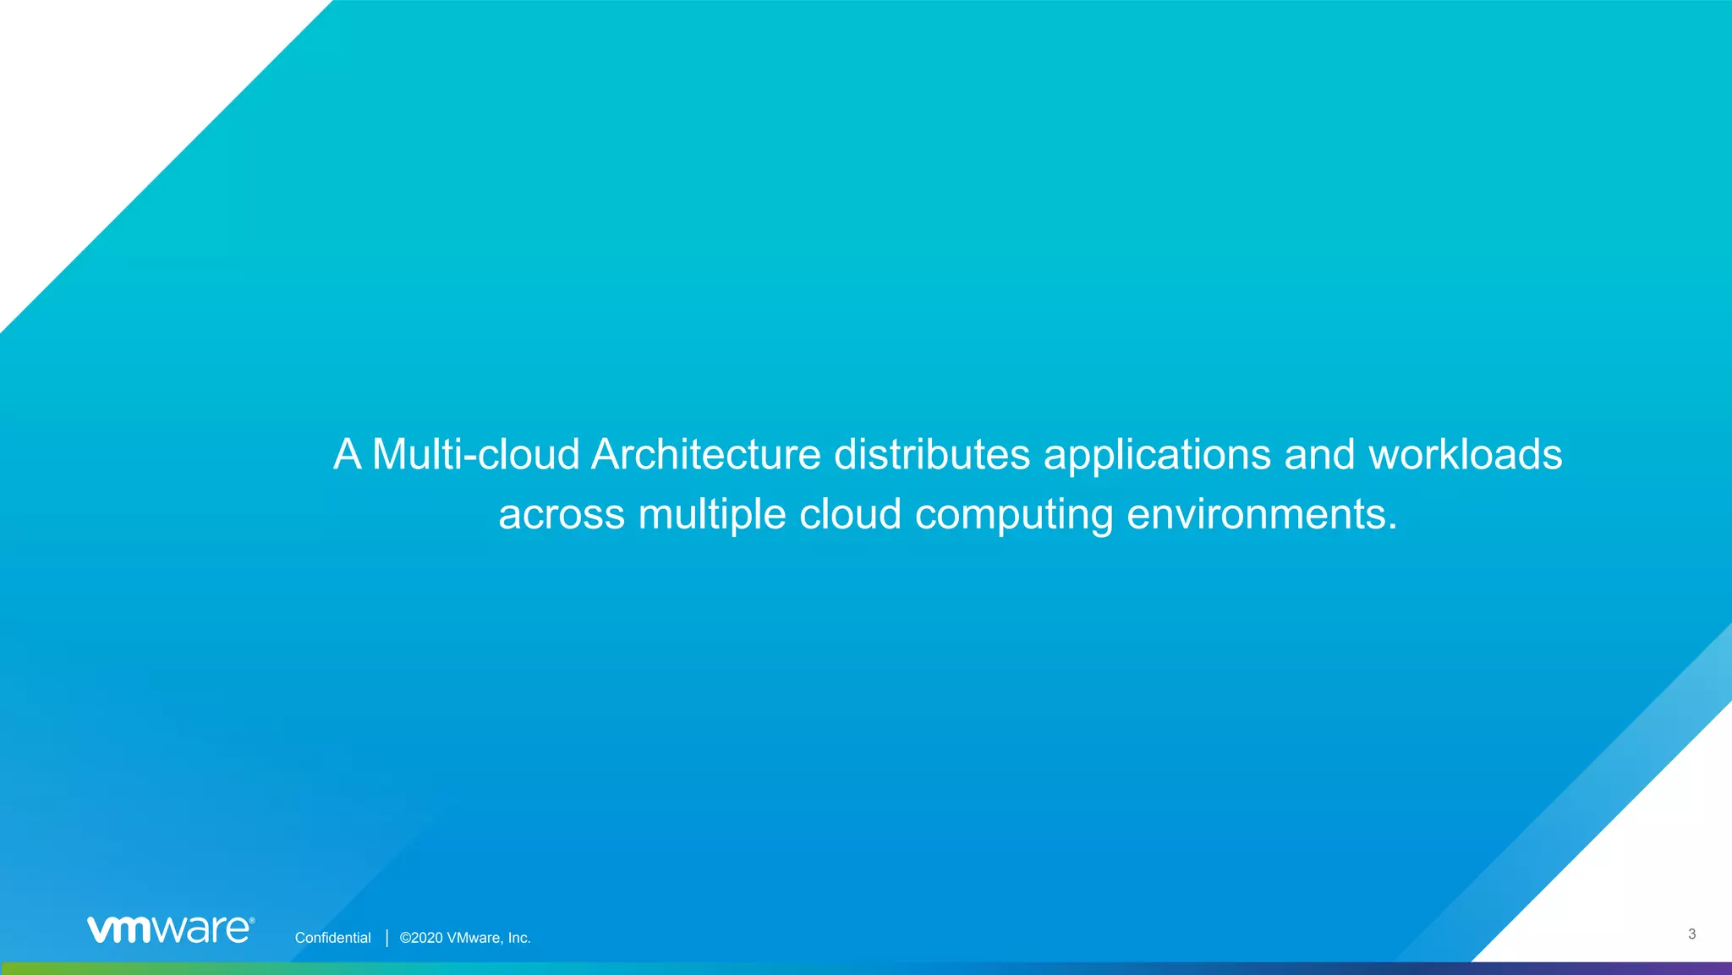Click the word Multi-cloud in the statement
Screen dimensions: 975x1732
coord(475,454)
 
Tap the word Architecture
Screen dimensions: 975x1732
coord(705,454)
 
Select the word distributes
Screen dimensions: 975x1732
coord(932,454)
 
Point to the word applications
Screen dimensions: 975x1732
coord(1157,456)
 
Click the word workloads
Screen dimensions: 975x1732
coord(1465,454)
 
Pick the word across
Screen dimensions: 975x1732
coord(561,514)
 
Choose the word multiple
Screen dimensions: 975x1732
coord(712,514)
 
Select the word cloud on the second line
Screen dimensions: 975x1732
coord(850,514)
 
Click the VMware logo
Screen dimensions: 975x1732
coord(170,928)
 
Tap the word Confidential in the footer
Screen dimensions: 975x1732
coord(332,938)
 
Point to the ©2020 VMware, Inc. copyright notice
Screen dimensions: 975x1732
coord(465,938)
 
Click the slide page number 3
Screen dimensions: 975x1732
coord(1691,934)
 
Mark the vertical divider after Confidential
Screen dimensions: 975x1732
coord(386,938)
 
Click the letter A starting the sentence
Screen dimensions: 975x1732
coord(348,454)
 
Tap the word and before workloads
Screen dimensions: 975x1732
coord(1320,454)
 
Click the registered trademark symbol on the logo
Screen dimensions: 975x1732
coord(251,919)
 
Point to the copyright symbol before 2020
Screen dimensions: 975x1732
coord(405,938)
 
